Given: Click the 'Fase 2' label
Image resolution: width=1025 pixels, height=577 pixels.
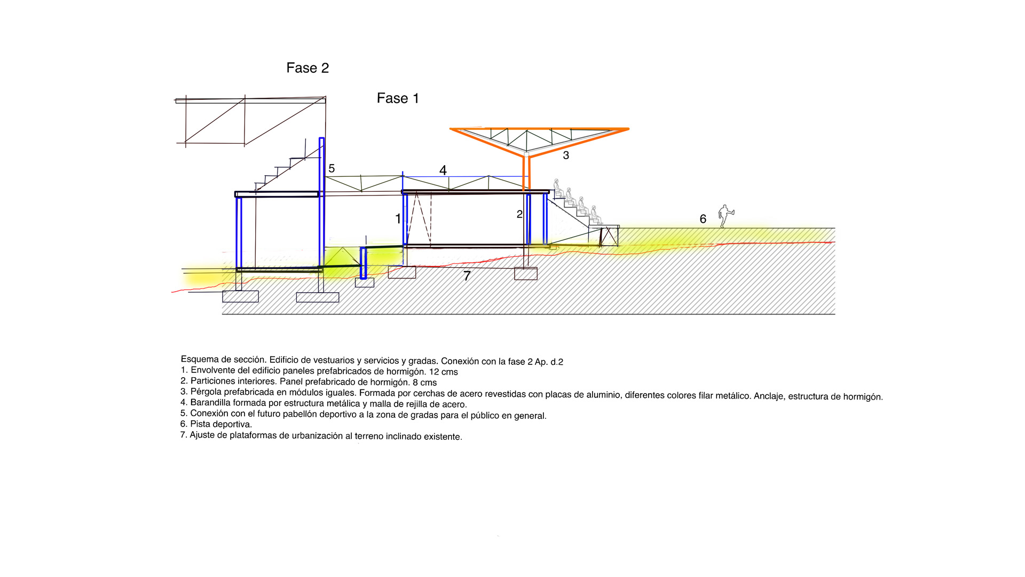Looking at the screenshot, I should pos(307,68).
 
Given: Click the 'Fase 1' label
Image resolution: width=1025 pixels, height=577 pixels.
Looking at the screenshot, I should pos(398,98).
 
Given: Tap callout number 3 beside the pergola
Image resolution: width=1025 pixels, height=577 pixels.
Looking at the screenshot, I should pos(566,155).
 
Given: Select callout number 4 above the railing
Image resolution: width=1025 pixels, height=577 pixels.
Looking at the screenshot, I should pos(443,170).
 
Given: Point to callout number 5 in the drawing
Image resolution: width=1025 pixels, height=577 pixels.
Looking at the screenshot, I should pos(332,169).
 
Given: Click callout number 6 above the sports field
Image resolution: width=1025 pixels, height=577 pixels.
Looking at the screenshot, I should pos(703,219).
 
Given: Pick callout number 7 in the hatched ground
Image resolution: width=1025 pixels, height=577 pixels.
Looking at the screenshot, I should pos(467,276).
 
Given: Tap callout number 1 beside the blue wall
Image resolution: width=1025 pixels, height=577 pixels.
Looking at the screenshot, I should pos(398,219).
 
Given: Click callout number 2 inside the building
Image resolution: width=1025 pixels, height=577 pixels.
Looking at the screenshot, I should pos(519,214).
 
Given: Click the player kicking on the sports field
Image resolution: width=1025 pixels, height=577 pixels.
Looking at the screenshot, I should pos(724,216).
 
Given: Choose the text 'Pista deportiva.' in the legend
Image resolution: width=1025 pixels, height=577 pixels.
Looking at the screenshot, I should pos(221,424).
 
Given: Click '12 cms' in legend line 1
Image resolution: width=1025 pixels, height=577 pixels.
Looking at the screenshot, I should pos(443,372).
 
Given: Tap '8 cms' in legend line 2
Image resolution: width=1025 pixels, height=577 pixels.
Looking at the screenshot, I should pos(424,383).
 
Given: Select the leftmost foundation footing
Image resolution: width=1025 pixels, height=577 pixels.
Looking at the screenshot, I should pos(240,297).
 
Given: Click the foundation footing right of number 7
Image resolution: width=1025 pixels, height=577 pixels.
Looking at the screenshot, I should pos(525,274).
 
